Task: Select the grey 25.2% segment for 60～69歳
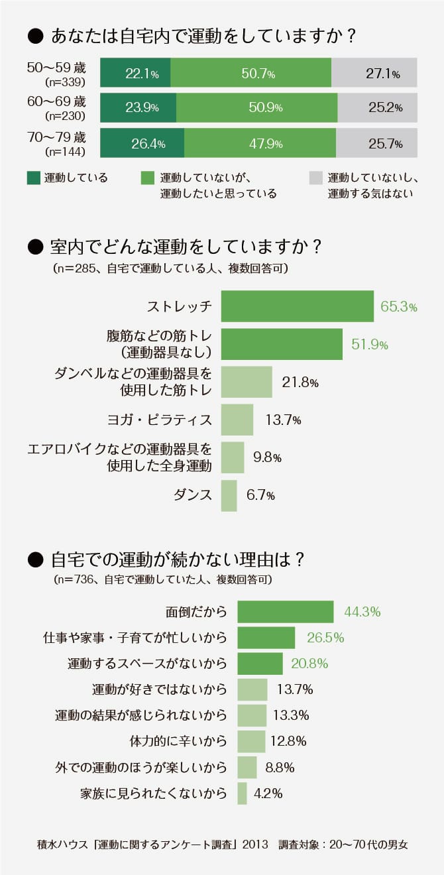[x=377, y=107]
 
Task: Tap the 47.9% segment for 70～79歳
[x=260, y=143]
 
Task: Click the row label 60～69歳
[x=57, y=101]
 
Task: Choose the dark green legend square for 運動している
[x=34, y=178]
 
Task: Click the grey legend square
[x=316, y=178]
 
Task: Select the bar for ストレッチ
[x=297, y=306]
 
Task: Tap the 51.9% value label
[x=369, y=345]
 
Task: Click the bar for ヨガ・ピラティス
[x=237, y=420]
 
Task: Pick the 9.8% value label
[x=268, y=457]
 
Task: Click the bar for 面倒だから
[x=285, y=612]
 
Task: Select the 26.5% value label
[x=325, y=638]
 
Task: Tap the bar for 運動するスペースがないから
[x=260, y=664]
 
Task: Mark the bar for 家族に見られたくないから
[x=242, y=793]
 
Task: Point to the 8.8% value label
[x=280, y=768]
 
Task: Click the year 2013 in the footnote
[x=255, y=845]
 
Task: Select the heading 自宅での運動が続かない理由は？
[x=177, y=559]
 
